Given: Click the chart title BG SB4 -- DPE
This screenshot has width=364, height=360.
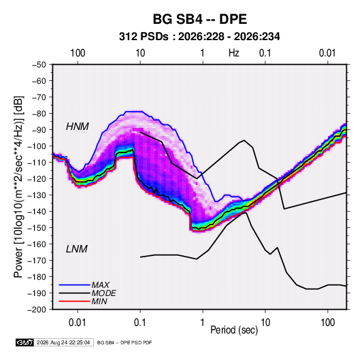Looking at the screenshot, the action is coord(199,19).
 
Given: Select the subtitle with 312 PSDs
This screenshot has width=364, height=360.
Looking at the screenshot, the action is coord(199,37).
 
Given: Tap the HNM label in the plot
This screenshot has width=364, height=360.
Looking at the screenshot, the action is coord(78,127).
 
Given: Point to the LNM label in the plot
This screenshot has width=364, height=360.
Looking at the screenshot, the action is coord(77,249).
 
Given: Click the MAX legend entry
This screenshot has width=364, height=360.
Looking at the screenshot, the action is coord(100,284).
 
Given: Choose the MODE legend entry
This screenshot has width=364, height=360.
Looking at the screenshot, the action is coord(103,293).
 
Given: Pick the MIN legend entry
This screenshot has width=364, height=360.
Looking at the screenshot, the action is coord(99,301).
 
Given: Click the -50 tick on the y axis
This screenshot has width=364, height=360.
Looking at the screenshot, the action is coord(39,65).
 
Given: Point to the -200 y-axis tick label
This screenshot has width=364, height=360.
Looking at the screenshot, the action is coord(37,310).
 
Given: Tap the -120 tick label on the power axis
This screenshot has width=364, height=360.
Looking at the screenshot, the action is coord(37,179).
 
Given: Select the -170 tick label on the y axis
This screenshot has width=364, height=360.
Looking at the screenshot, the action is coord(37,261).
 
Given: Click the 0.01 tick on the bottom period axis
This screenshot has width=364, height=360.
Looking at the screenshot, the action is coord(78,323).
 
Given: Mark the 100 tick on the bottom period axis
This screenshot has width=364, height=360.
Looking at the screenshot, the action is coord(327,323).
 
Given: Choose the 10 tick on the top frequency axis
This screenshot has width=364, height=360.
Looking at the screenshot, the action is coord(140,53).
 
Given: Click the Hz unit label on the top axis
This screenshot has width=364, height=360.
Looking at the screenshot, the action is coord(234,53).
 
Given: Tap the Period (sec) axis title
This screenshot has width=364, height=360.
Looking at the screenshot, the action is coord(234,330).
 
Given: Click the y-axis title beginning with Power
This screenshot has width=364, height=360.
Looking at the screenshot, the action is coord(18,186).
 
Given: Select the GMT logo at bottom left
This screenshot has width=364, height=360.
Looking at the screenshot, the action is coord(24,342).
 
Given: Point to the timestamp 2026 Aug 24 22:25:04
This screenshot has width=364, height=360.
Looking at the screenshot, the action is coord(63,342).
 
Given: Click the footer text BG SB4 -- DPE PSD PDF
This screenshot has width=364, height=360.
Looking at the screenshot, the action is coord(125,342).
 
